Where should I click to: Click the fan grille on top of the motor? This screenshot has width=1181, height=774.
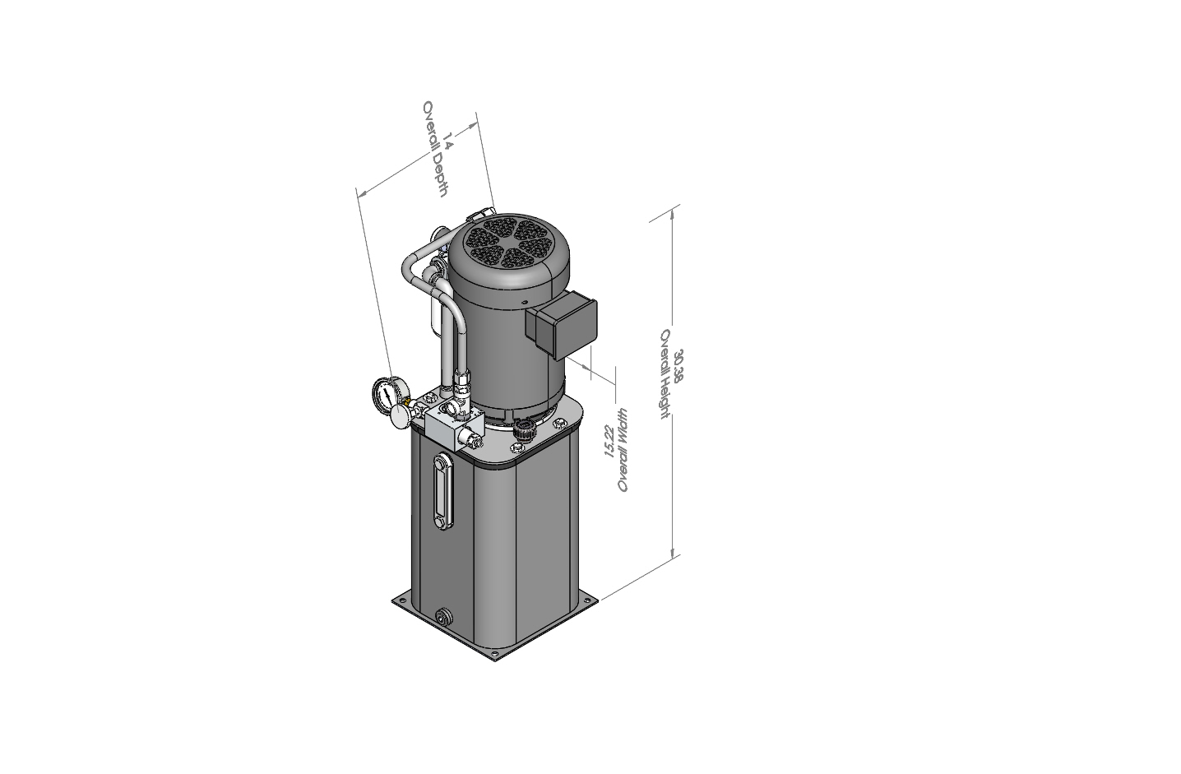[x=508, y=243]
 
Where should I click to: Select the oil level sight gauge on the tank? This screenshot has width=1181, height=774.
[x=442, y=491]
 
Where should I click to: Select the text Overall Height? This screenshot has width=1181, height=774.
[x=665, y=373]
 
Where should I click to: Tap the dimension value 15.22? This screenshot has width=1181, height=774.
[x=610, y=441]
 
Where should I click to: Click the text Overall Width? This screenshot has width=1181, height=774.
[x=623, y=450]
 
